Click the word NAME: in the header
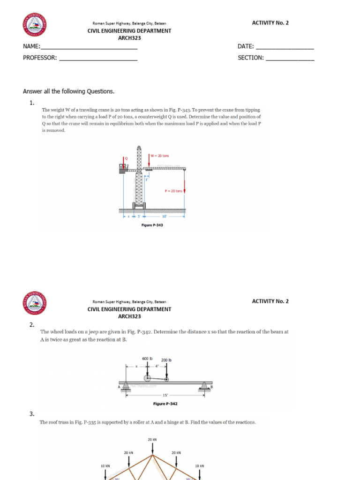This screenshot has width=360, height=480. (x=32, y=46)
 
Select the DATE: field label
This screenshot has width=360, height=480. (x=246, y=46)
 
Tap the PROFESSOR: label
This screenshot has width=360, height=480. (x=40, y=58)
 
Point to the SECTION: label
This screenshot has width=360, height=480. (x=251, y=58)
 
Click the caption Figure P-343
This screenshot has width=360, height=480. (x=152, y=225)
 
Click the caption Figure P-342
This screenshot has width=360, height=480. (x=165, y=404)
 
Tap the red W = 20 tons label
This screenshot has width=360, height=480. (x=160, y=156)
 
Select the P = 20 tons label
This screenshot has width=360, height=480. (x=173, y=191)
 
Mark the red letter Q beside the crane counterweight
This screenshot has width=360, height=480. (x=126, y=159)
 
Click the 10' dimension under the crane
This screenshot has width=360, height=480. (x=164, y=217)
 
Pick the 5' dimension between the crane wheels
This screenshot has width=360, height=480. (x=139, y=217)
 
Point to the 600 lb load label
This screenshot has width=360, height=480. (x=148, y=359)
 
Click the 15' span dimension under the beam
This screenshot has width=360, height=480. (x=165, y=395)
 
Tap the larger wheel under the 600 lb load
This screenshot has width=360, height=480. (x=147, y=378)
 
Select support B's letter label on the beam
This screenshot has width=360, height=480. (x=211, y=387)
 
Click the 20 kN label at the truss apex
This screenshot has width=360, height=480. (x=152, y=440)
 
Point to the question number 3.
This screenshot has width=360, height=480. (x=32, y=414)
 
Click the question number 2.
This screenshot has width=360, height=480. (x=32, y=324)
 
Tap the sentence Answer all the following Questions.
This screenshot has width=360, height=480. (x=68, y=91)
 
